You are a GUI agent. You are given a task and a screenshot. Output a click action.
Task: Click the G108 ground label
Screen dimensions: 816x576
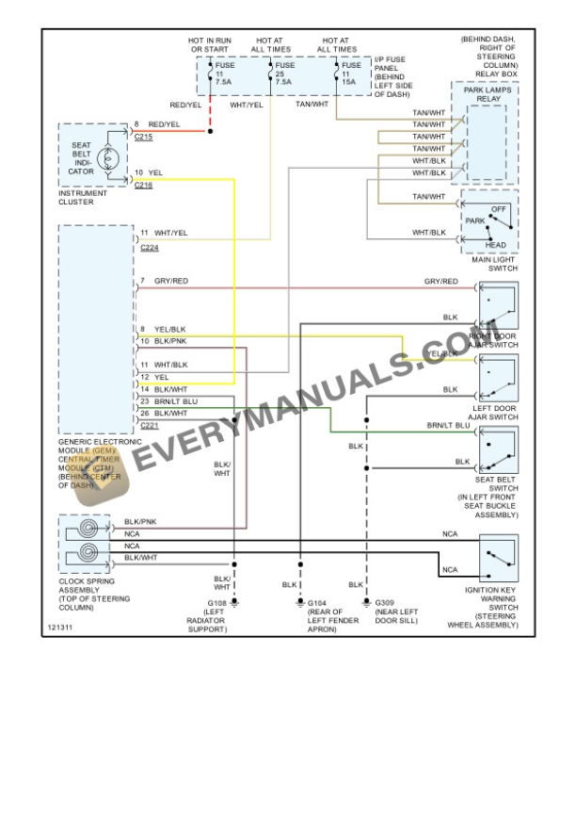(217, 603)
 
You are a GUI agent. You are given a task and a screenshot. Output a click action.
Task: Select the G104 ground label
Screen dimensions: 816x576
(318, 603)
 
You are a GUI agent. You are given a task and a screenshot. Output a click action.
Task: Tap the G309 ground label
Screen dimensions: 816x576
(385, 603)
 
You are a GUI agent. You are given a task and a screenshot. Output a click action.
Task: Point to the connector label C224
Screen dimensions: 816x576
(149, 247)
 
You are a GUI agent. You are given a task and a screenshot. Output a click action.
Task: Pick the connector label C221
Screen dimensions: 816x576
(149, 426)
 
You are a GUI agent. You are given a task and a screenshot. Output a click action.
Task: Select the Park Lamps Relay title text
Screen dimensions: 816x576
(487, 94)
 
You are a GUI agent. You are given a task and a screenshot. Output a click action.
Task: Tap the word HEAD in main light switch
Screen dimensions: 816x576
(495, 246)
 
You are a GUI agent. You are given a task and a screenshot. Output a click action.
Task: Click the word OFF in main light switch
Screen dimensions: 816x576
(499, 208)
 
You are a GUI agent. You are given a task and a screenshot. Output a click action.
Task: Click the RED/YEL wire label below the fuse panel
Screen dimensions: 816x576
(185, 105)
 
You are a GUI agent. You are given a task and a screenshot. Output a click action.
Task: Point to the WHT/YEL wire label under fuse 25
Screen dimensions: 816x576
(247, 105)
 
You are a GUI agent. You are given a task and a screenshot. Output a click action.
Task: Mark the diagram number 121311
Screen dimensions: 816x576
(59, 627)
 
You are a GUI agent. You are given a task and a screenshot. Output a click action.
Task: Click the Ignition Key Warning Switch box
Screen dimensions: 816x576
(498, 557)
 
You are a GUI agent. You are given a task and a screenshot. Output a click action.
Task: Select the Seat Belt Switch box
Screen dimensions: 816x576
(498, 449)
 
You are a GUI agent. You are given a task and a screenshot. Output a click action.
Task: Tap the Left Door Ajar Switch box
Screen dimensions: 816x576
(498, 379)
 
